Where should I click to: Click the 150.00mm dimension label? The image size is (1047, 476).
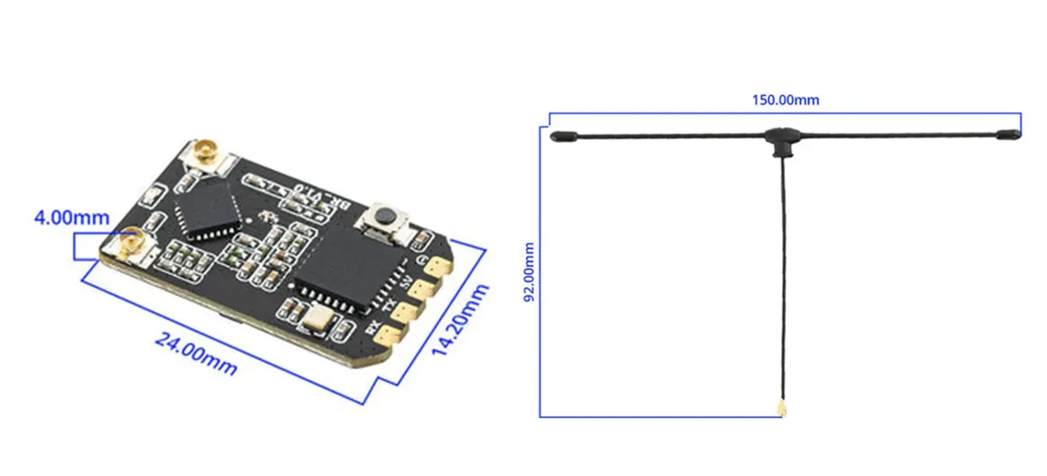[785, 101]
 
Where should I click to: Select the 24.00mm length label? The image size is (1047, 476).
[195, 354]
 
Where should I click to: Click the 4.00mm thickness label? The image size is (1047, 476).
[71, 217]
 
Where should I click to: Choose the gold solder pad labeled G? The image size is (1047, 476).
[438, 268]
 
